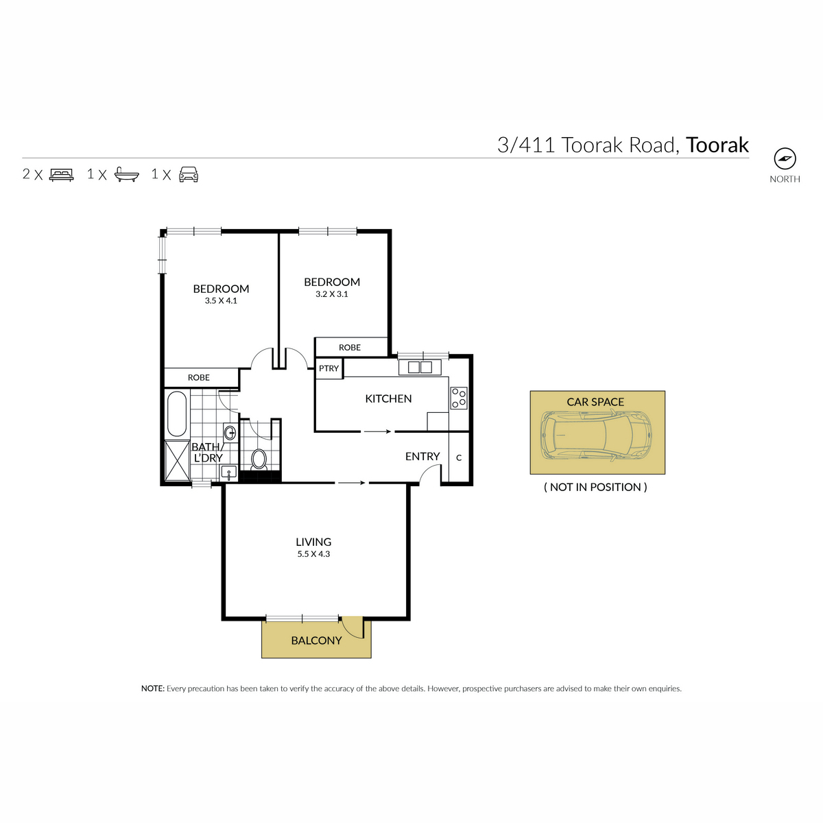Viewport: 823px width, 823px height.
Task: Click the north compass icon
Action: coord(785,159)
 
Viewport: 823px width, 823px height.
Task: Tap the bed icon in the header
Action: coord(62,175)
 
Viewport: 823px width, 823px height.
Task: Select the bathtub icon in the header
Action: coord(127,174)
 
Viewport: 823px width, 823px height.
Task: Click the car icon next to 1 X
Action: coord(189,175)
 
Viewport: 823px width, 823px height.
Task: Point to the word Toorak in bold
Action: coord(717,145)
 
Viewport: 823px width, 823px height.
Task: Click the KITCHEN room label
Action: coord(388,399)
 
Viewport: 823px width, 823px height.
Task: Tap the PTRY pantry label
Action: coord(329,368)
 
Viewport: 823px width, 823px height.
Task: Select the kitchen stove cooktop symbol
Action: coord(459,398)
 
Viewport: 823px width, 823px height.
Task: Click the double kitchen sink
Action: coord(420,368)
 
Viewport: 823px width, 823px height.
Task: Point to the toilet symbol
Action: coord(259,460)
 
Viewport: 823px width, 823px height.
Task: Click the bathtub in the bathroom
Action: coord(176,414)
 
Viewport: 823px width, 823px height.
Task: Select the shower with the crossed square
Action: coord(177,462)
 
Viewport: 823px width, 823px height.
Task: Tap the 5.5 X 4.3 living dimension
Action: coord(313,554)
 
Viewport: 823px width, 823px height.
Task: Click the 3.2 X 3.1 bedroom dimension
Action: coord(332,294)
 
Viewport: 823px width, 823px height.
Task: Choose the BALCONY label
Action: coord(316,641)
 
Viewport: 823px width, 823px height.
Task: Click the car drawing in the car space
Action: coord(597,436)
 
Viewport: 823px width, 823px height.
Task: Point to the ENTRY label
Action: coord(422,457)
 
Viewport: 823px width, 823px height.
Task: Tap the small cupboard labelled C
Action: coord(459,457)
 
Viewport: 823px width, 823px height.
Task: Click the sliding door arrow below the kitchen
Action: coord(377,431)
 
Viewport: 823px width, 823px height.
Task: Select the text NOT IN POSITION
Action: coord(595,488)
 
